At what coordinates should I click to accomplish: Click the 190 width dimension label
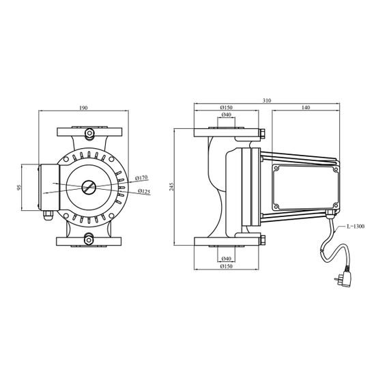83,108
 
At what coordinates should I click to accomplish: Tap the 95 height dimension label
19,187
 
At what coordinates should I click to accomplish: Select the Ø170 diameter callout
141,178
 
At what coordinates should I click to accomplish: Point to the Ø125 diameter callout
144,191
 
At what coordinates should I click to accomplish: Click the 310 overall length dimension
267,100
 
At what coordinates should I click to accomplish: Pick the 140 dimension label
306,107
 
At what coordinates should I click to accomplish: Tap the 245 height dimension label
171,186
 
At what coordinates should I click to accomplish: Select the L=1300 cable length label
356,227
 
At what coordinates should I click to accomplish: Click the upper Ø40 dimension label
227,115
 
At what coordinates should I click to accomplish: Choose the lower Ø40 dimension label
227,259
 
